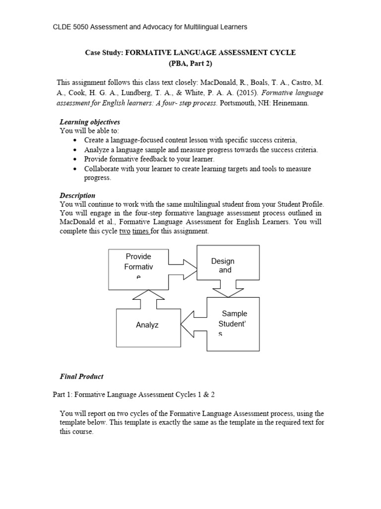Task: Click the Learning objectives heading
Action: coord(90,122)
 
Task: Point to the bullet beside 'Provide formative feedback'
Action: coord(74,159)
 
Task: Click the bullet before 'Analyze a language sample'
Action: coord(74,150)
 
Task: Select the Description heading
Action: coord(77,195)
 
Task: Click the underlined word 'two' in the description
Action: coord(125,232)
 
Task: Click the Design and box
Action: coord(228,266)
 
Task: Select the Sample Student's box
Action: coord(233,324)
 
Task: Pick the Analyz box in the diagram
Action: coord(148,328)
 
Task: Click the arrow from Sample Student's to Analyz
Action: coord(193,326)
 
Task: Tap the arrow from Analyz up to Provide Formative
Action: coord(144,299)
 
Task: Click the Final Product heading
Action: coord(81,376)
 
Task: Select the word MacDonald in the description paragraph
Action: coord(78,222)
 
